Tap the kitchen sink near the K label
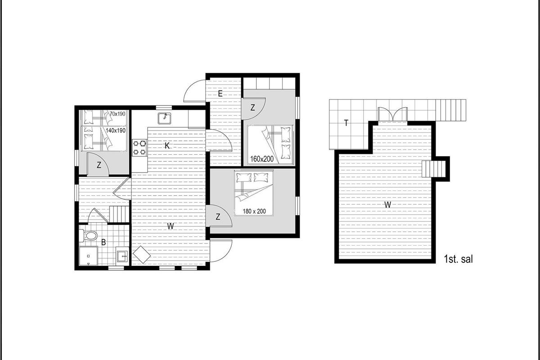(x=165, y=118)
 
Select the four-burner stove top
(x=139, y=148)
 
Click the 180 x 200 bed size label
(x=254, y=211)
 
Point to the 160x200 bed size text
(x=262, y=159)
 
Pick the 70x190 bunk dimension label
(x=117, y=114)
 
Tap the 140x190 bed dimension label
(x=116, y=130)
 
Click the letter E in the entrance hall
(x=220, y=94)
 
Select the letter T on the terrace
(x=346, y=123)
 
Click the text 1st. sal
(x=458, y=259)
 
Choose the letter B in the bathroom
(x=103, y=243)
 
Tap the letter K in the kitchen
(x=167, y=146)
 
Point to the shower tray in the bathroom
(x=89, y=256)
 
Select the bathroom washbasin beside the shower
(x=122, y=254)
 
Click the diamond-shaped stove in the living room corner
(x=142, y=255)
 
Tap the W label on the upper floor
(x=387, y=205)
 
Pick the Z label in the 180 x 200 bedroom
(x=218, y=217)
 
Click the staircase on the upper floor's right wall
(x=433, y=169)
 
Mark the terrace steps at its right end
(x=451, y=110)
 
